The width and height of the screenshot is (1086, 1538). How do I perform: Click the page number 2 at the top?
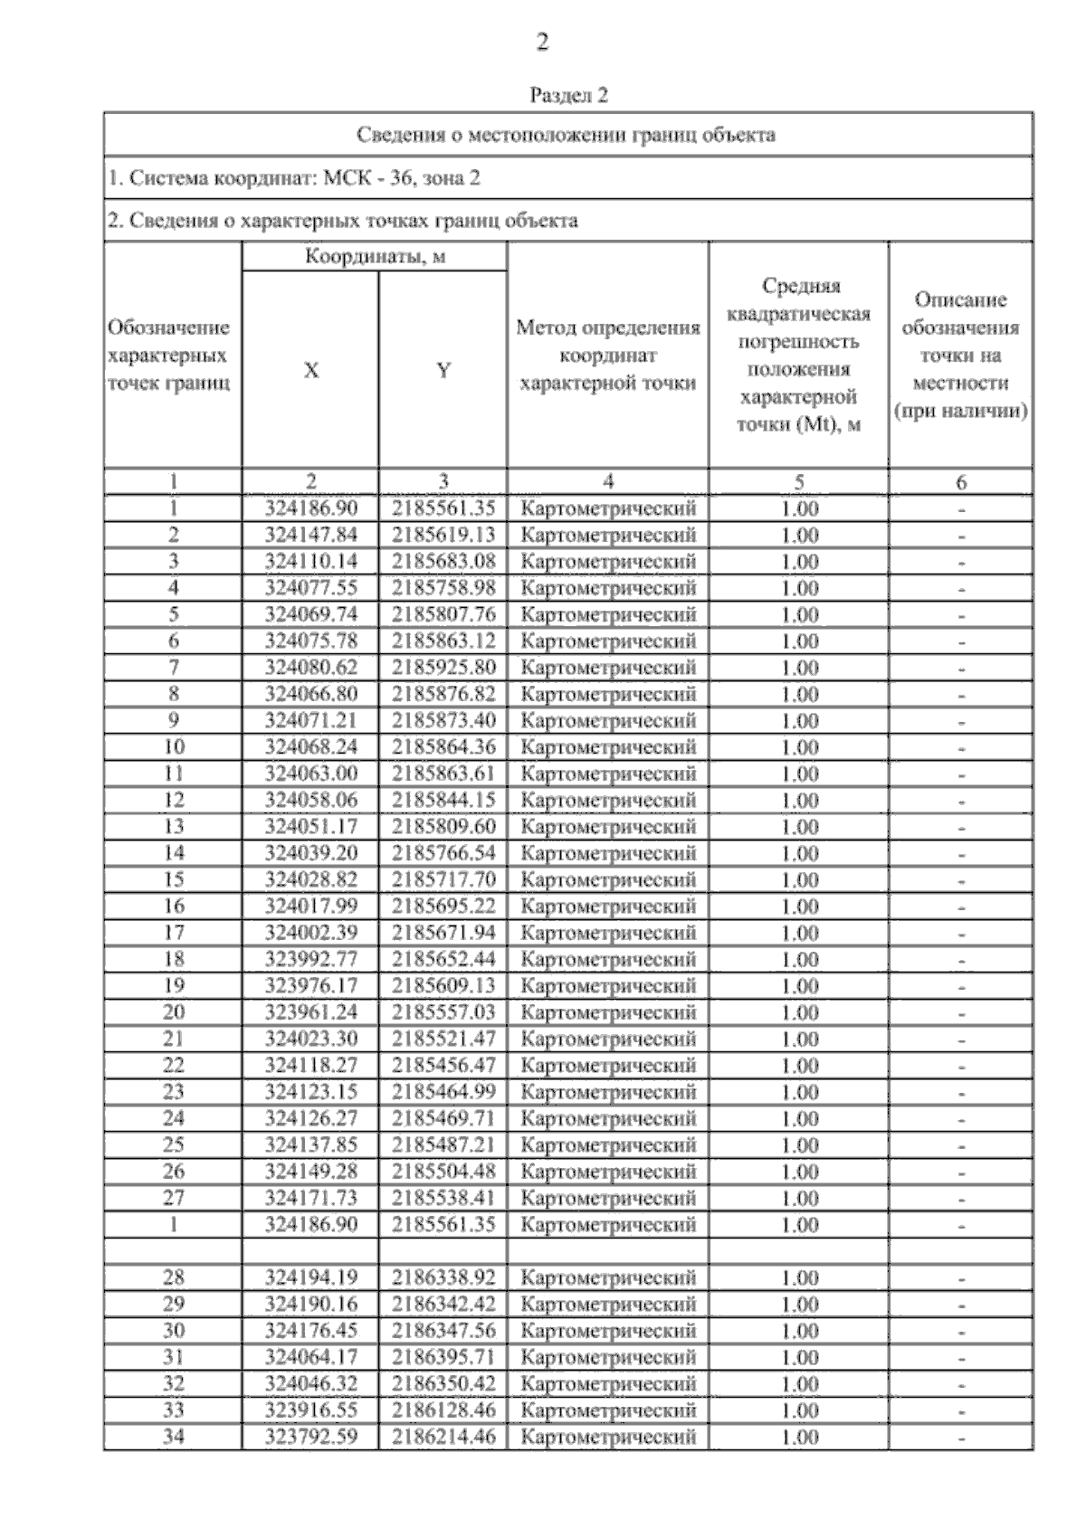coord(542,43)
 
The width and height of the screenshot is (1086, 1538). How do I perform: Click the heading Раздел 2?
coord(568,95)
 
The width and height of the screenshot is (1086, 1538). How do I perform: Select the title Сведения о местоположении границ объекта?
coord(567,135)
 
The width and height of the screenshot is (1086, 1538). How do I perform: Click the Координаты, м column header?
coord(375,257)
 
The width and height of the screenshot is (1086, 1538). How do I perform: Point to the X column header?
coord(310,370)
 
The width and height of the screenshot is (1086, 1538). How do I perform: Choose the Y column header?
coord(443,370)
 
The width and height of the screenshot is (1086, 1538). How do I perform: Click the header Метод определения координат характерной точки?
coord(607,356)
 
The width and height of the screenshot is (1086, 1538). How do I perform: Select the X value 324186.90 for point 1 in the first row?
coord(311,508)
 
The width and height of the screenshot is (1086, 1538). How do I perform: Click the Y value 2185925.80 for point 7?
coord(443,668)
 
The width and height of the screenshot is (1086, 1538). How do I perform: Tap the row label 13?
coord(173,827)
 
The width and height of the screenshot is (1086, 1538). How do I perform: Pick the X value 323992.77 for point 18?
coord(311,959)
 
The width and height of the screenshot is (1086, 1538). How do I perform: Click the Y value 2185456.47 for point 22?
coord(443,1065)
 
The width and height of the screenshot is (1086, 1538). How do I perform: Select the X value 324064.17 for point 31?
coord(311,1357)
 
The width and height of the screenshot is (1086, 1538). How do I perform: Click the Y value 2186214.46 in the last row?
coord(443,1437)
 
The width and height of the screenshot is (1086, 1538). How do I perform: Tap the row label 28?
coord(173,1277)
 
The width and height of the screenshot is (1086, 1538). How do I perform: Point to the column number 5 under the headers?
coord(798,482)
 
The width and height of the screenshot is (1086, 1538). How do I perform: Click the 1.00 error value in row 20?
coord(799,1012)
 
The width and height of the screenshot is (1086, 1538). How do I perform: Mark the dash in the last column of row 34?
coord(961,1438)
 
